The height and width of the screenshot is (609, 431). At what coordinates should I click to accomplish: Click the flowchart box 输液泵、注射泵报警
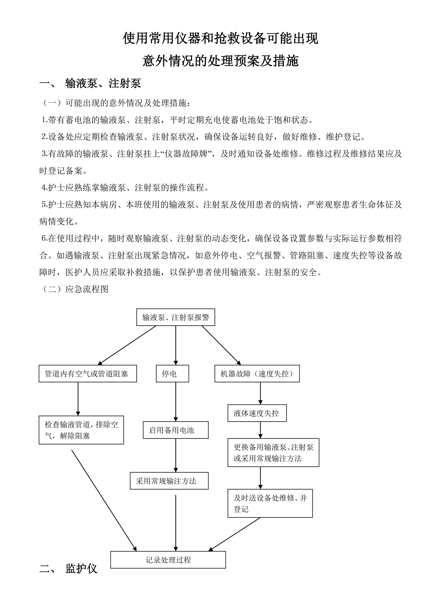[x=175, y=317]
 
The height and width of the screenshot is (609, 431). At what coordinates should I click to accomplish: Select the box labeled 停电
[x=172, y=374]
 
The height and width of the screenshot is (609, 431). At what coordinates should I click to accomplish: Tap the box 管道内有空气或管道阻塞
[x=88, y=374]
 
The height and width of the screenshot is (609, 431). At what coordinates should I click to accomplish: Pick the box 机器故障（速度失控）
[x=257, y=374]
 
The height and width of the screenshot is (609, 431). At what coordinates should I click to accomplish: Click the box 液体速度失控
[x=257, y=413]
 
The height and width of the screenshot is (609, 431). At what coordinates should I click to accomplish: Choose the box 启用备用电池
[x=175, y=430]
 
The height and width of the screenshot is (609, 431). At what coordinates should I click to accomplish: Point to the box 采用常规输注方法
[x=169, y=481]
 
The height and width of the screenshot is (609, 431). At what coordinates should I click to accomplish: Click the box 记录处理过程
[x=168, y=560]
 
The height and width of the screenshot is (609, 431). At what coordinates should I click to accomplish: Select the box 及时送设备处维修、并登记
[x=270, y=503]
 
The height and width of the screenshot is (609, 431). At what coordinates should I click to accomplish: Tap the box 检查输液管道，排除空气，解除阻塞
[x=81, y=430]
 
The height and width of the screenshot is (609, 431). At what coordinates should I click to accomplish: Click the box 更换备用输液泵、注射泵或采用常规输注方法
[x=273, y=453]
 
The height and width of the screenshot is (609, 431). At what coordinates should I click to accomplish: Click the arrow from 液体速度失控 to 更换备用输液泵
[x=260, y=430]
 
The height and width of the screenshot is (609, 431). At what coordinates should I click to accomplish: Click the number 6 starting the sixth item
[x=44, y=238]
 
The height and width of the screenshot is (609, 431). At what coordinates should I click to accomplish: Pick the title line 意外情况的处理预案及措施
[x=221, y=61]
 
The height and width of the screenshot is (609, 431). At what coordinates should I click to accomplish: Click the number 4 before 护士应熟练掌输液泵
[x=44, y=187]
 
